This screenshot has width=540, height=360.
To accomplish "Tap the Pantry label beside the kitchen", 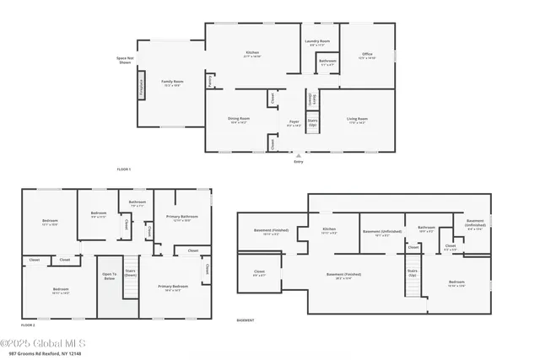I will click(209, 83).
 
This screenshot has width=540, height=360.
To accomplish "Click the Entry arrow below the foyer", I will click(295, 156).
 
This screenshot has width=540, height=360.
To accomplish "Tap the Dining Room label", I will click(238, 119).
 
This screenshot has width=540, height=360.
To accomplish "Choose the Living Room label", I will click(357, 119).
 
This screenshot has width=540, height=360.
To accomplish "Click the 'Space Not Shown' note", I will click(125, 60).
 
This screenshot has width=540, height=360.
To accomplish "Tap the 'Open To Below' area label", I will click(110, 276).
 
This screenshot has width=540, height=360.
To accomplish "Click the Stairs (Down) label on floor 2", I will click(130, 272).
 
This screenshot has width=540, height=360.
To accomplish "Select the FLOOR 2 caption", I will click(28, 325).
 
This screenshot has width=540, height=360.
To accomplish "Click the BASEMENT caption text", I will click(246, 321).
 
